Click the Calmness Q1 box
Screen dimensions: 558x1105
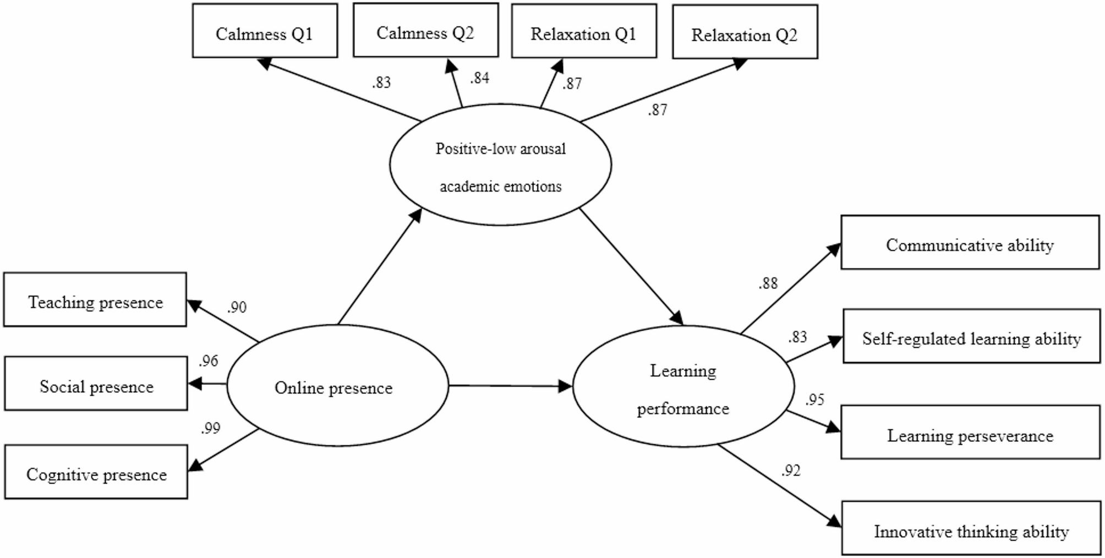265,31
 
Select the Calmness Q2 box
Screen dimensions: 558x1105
425,30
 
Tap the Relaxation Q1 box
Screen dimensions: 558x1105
584,31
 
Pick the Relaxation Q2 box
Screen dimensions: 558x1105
745,32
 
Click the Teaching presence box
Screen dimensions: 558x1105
95,299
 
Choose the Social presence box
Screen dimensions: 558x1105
96,384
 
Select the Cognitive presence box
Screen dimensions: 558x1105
96,472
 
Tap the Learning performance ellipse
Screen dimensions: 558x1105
683,386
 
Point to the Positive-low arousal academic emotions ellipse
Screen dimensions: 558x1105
500,165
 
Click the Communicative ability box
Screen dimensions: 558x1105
970,242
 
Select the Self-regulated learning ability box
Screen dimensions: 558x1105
971,336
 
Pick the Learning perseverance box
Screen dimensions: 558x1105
970,433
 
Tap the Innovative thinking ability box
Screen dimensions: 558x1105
971,528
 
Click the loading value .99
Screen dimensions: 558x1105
210,428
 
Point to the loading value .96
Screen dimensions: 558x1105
209,361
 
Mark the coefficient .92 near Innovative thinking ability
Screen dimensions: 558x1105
790,471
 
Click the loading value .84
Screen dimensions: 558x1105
479,78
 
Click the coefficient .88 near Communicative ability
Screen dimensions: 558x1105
768,283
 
